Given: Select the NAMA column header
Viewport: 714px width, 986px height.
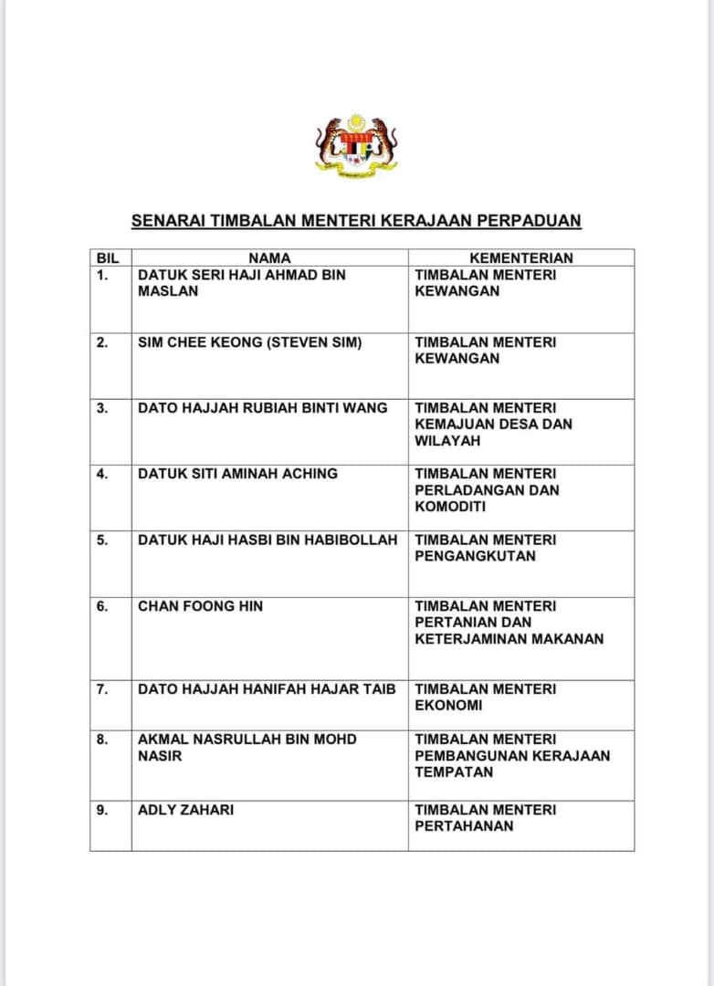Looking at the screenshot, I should (x=269, y=258).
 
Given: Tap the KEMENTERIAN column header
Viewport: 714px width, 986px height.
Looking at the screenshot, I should (x=520, y=258).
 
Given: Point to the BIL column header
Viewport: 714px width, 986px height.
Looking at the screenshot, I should (x=108, y=258).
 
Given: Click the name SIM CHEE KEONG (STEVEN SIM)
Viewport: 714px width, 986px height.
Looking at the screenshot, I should (x=249, y=342).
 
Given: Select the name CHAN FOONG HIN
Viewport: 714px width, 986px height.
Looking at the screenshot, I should (x=200, y=606).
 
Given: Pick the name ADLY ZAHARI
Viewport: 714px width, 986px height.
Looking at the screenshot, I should (x=185, y=810).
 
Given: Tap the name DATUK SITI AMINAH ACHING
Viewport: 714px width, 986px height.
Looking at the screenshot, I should (x=237, y=474).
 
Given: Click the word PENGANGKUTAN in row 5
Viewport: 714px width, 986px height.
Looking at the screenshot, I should (x=475, y=556).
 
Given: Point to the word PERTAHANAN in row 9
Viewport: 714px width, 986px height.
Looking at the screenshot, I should (x=464, y=826).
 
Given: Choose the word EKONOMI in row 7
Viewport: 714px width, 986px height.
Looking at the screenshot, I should (x=448, y=706).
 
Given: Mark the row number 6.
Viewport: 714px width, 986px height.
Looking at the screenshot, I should (x=102, y=606).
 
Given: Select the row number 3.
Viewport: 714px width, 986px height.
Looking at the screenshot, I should (x=102, y=408).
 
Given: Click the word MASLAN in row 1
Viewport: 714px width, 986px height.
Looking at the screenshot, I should (x=167, y=291).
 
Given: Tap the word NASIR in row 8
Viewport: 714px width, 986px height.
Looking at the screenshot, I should (x=160, y=756).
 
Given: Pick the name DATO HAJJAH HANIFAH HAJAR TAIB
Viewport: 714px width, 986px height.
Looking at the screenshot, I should (x=267, y=689).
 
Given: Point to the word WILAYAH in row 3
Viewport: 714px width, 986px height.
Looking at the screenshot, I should (x=447, y=441).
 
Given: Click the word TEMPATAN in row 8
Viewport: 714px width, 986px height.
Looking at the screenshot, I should (x=454, y=772).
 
